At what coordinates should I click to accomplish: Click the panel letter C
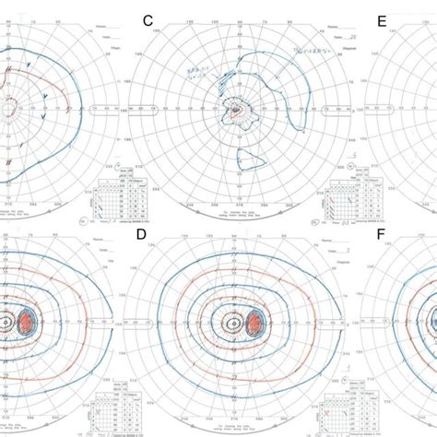click(x=146, y=19)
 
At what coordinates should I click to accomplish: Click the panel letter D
click(x=141, y=235)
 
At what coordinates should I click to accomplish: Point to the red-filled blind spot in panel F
click(x=433, y=323)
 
